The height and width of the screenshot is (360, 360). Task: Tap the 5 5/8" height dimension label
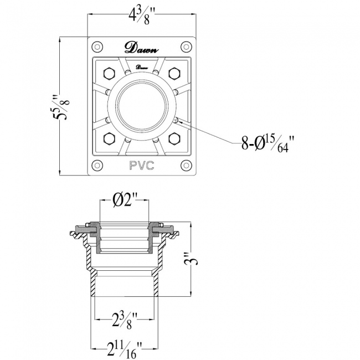(x=61, y=106)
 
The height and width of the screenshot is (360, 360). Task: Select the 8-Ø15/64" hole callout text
(x=268, y=144)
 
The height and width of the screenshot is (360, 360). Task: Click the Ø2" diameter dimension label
(x=125, y=200)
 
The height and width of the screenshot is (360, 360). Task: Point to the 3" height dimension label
(x=191, y=259)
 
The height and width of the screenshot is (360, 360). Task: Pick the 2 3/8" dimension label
(x=125, y=320)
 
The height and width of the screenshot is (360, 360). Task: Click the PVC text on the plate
(x=142, y=166)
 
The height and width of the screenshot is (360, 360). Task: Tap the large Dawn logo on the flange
(x=142, y=48)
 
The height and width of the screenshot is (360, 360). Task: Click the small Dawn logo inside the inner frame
(x=142, y=67)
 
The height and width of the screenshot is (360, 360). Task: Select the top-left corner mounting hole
(x=97, y=47)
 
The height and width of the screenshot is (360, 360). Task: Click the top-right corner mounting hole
(x=186, y=47)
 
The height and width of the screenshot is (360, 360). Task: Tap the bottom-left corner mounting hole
(x=97, y=165)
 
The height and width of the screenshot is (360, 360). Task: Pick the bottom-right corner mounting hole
(x=186, y=165)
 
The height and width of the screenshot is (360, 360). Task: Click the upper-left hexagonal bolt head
(x=109, y=74)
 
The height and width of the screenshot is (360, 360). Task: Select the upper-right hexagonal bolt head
(x=174, y=74)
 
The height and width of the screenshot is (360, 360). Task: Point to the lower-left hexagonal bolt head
(x=109, y=138)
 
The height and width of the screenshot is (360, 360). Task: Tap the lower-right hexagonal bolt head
(x=174, y=138)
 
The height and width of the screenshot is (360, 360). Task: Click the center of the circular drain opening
(x=142, y=106)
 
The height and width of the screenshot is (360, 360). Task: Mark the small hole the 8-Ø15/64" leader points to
(x=176, y=120)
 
